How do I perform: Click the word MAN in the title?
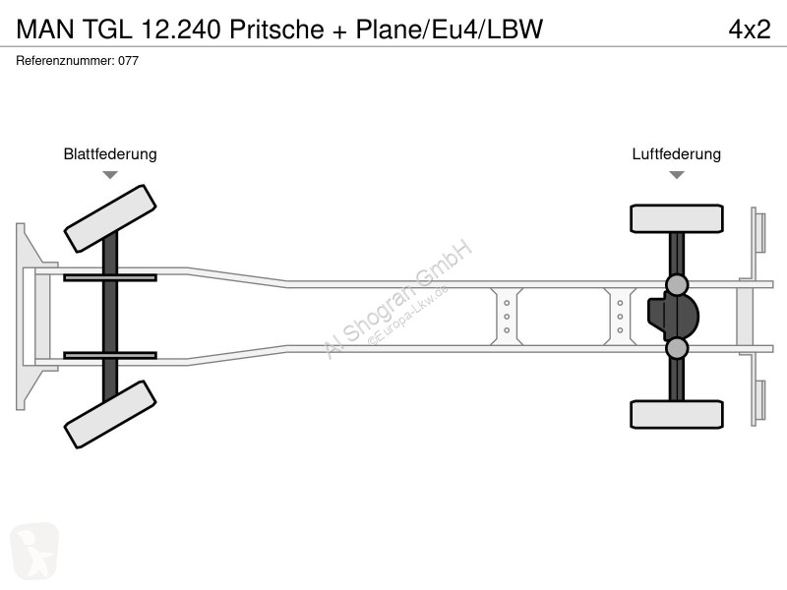45,29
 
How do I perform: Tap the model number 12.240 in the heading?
181,29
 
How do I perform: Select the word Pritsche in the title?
276,29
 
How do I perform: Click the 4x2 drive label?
750,29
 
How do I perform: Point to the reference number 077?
129,61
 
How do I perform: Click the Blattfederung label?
110,153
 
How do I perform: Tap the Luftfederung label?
676,153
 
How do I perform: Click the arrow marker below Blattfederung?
110,175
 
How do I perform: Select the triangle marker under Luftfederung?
677,175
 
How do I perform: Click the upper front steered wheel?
110,218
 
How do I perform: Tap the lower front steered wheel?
110,414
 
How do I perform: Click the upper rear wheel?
677,218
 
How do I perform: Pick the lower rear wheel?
677,414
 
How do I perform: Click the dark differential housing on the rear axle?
672,316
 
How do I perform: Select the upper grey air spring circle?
677,284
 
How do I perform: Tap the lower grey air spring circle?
677,348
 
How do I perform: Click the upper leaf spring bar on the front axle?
110,277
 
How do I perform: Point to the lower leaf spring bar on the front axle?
110,356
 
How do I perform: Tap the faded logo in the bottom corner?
34,552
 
